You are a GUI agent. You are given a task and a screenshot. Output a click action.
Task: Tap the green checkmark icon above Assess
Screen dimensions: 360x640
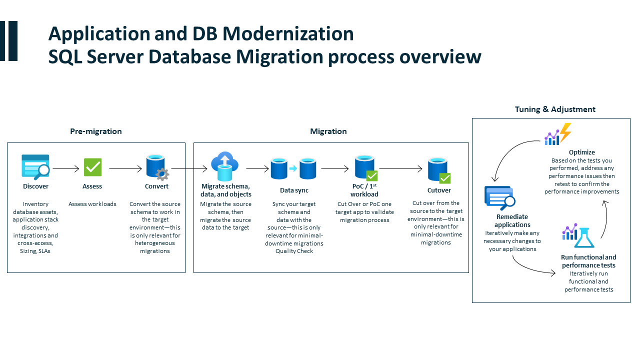point(92,167)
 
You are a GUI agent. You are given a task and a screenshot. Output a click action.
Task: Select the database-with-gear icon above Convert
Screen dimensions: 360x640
point(157,167)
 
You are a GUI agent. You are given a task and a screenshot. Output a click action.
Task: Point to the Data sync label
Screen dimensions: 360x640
point(294,190)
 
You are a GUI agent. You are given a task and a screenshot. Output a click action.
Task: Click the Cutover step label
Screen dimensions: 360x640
point(439,190)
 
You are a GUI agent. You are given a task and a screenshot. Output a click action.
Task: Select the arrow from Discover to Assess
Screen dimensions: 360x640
point(65,169)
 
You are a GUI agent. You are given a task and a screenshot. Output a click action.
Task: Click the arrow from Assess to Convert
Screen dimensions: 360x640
point(125,169)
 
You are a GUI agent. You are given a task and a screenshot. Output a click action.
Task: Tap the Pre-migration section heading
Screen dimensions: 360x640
point(96,131)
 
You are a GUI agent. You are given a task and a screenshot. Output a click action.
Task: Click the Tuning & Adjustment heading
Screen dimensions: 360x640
point(555,109)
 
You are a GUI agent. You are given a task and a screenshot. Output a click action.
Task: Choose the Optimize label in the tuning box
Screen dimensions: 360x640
point(581,152)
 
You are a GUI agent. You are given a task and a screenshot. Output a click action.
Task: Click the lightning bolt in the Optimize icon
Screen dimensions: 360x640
point(565,132)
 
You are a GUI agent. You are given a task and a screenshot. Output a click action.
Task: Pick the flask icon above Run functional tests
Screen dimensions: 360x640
point(584,236)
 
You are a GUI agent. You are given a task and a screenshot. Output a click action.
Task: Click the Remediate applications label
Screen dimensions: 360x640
point(512,221)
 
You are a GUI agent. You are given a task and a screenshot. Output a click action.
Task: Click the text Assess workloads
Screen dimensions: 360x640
point(92,204)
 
